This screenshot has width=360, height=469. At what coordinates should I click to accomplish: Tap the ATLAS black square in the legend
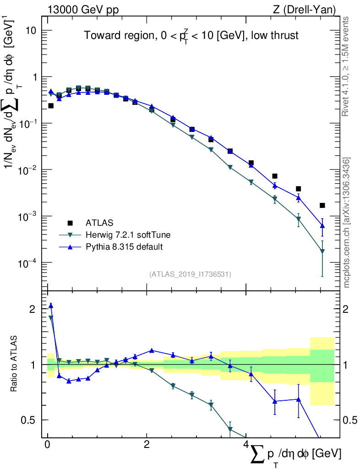pyautogui.click(x=70, y=223)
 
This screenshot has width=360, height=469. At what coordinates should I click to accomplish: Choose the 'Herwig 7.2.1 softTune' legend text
pyautogui.click(x=128, y=235)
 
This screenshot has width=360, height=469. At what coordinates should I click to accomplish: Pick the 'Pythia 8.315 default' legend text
pyautogui.click(x=125, y=247)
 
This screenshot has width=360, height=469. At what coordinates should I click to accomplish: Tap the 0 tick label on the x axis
pyautogui.click(x=48, y=445)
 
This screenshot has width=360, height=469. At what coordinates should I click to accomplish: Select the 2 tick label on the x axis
pyautogui.click(x=147, y=445)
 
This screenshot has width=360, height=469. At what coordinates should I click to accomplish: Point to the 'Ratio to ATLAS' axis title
pyautogui.click(x=15, y=364)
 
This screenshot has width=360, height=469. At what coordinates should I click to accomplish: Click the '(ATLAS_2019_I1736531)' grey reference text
pyautogui.click(x=190, y=274)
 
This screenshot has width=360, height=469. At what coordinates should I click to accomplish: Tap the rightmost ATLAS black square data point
pyautogui.click(x=322, y=205)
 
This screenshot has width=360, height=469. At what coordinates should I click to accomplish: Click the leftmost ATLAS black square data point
pyautogui.click(x=51, y=105)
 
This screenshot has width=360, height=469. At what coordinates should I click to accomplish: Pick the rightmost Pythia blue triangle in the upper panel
pyautogui.click(x=322, y=226)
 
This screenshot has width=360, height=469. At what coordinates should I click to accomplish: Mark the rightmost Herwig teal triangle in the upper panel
pyautogui.click(x=322, y=251)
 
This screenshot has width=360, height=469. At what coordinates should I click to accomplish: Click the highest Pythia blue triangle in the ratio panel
pyautogui.click(x=51, y=305)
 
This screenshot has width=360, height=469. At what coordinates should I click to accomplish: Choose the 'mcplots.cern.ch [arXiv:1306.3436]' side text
pyautogui.click(x=347, y=222)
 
